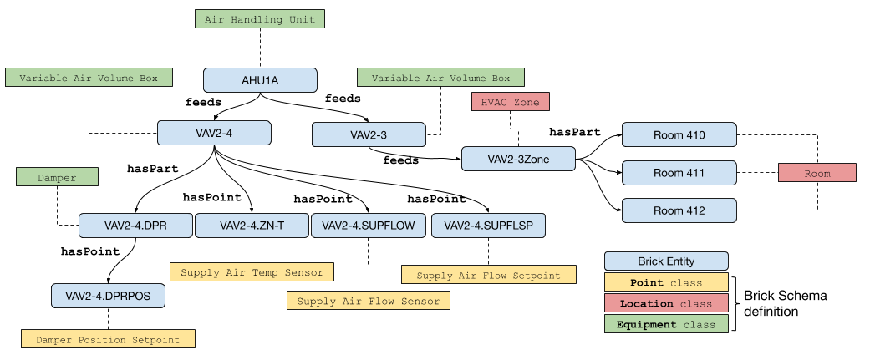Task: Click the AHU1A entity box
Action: point(260,80)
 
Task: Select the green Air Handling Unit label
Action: point(260,19)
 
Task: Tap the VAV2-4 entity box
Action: point(214,134)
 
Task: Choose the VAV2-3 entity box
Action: point(369,135)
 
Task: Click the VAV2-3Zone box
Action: point(518,160)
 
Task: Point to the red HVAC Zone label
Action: point(510,102)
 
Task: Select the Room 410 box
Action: point(679,135)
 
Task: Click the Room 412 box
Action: point(679,210)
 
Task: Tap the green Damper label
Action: point(57,177)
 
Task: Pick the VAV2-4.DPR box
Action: point(135,226)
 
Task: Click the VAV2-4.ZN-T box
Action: point(252,226)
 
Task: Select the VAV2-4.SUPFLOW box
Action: point(368,226)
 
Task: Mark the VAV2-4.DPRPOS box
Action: point(108,296)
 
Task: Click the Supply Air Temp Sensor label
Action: point(252,272)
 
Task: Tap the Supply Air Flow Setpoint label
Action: point(488,275)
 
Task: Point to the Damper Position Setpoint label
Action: point(108,339)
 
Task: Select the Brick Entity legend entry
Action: point(666,261)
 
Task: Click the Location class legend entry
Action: point(666,303)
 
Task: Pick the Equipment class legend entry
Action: point(666,324)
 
